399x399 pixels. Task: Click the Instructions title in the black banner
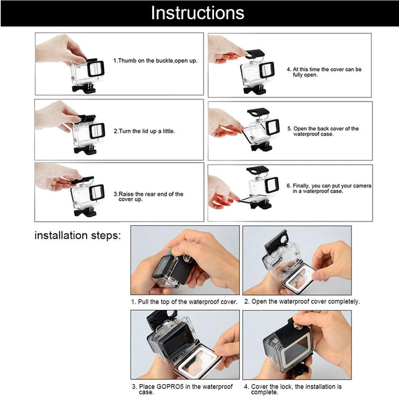[x=198, y=13]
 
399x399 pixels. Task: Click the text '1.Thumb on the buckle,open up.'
[x=155, y=61]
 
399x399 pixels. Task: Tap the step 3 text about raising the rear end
[x=148, y=197]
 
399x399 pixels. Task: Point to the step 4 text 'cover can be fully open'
[x=327, y=73]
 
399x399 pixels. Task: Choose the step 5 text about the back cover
[x=325, y=131]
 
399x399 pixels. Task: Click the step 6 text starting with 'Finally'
[x=327, y=188]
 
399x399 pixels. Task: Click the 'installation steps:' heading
[x=77, y=236]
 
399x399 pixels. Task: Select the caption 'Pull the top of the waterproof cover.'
[x=184, y=302]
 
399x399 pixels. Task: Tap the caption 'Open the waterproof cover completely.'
[x=302, y=302]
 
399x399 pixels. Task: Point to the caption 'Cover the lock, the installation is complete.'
[x=297, y=390]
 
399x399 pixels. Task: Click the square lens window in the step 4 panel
[x=267, y=69]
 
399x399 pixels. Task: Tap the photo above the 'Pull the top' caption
[x=185, y=260]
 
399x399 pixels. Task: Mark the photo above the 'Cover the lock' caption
[x=297, y=344]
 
